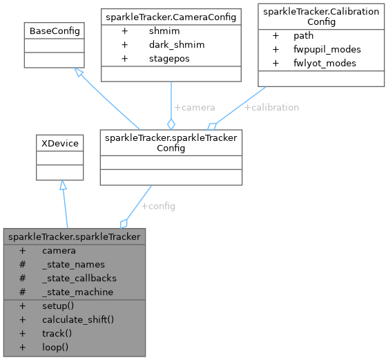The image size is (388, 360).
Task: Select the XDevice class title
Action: coord(60,144)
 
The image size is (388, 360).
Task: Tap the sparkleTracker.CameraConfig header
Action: coord(171,15)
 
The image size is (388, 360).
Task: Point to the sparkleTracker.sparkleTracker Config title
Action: coord(171,143)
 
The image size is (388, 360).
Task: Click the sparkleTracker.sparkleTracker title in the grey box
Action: coord(75,237)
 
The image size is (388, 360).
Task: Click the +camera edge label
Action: coord(194,108)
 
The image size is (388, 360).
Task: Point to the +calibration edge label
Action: coord(271,108)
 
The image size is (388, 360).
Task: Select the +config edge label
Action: coord(158,206)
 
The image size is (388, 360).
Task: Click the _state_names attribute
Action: coord(73,264)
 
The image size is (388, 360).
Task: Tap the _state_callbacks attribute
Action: coord(79,278)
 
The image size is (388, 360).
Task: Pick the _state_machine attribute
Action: coord(77,292)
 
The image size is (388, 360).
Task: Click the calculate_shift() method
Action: coord(77,319)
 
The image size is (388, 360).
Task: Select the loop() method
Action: coord(55,346)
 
